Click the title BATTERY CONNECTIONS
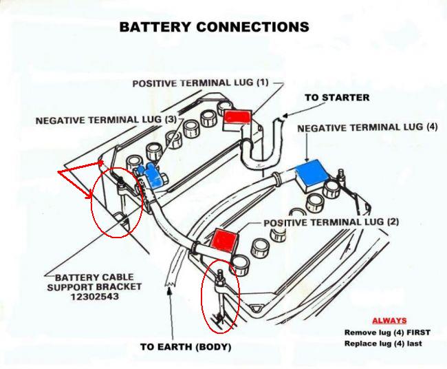coord(214,28)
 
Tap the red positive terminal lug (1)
coord(238,116)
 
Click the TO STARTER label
coord(337,98)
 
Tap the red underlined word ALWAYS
coord(389,321)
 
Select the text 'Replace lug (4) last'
coord(383,344)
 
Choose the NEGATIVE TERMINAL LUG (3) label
coord(106,120)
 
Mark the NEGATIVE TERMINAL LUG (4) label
coord(367,128)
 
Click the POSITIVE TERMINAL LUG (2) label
coord(331,223)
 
